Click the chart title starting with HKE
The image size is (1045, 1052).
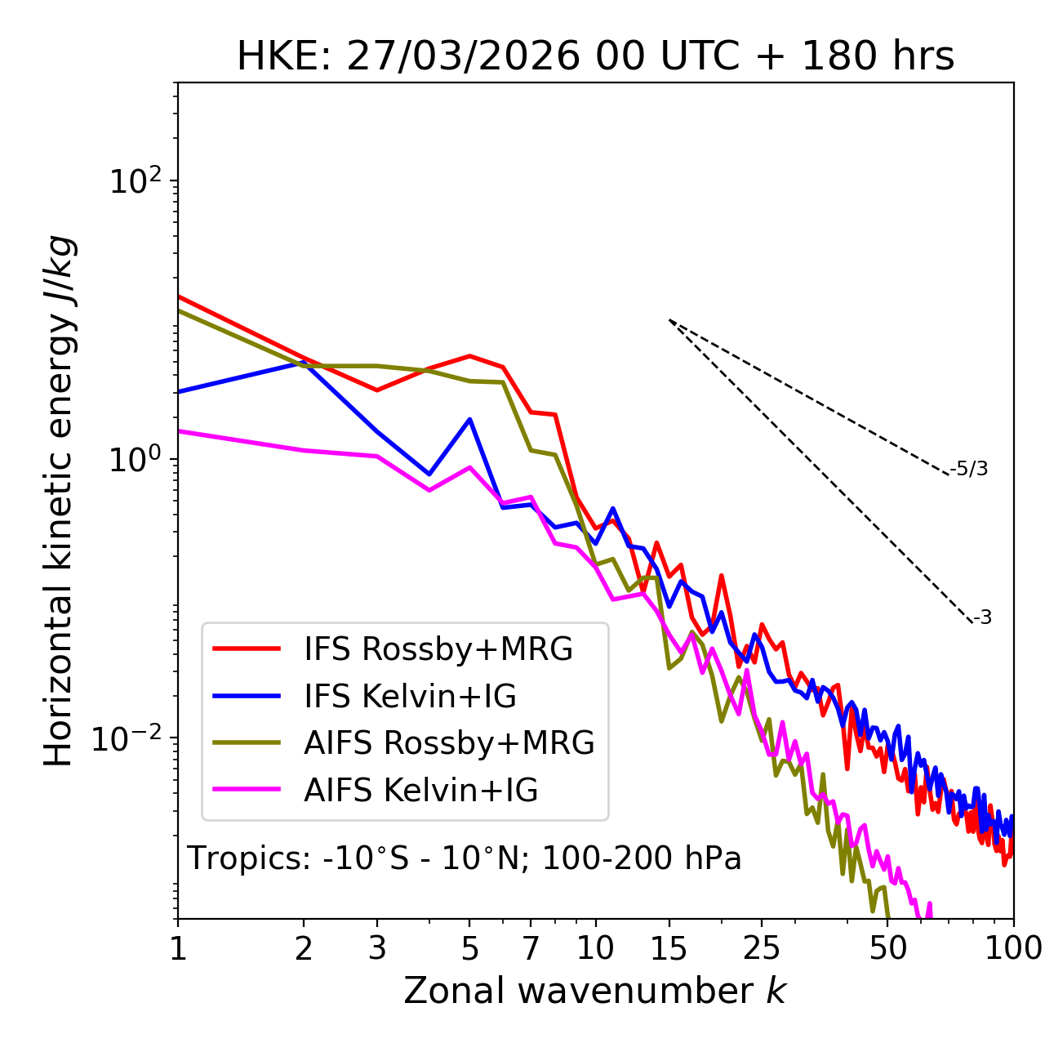pos(595,57)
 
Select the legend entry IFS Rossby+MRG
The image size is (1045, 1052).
pos(438,649)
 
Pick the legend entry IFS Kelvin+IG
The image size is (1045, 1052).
pos(410,696)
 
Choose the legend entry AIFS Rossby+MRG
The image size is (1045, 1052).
pos(449,742)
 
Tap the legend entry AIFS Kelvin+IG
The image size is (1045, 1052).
pos(420,790)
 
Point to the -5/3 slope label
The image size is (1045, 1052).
pos(969,470)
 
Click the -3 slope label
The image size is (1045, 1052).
pos(982,618)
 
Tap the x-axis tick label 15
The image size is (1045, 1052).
pos(669,948)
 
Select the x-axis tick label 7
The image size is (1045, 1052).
pos(531,948)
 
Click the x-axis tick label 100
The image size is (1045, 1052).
pos(1013,948)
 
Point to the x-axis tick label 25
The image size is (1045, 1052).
pos(762,948)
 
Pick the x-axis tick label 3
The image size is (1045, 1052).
pos(376,948)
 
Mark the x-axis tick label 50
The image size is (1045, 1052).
pos(887,948)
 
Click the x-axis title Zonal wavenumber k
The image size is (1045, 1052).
pos(595,991)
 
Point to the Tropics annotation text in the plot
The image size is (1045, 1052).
pos(464,858)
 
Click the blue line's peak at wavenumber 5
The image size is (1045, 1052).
pos(469,419)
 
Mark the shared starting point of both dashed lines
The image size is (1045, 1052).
pos(669,320)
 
